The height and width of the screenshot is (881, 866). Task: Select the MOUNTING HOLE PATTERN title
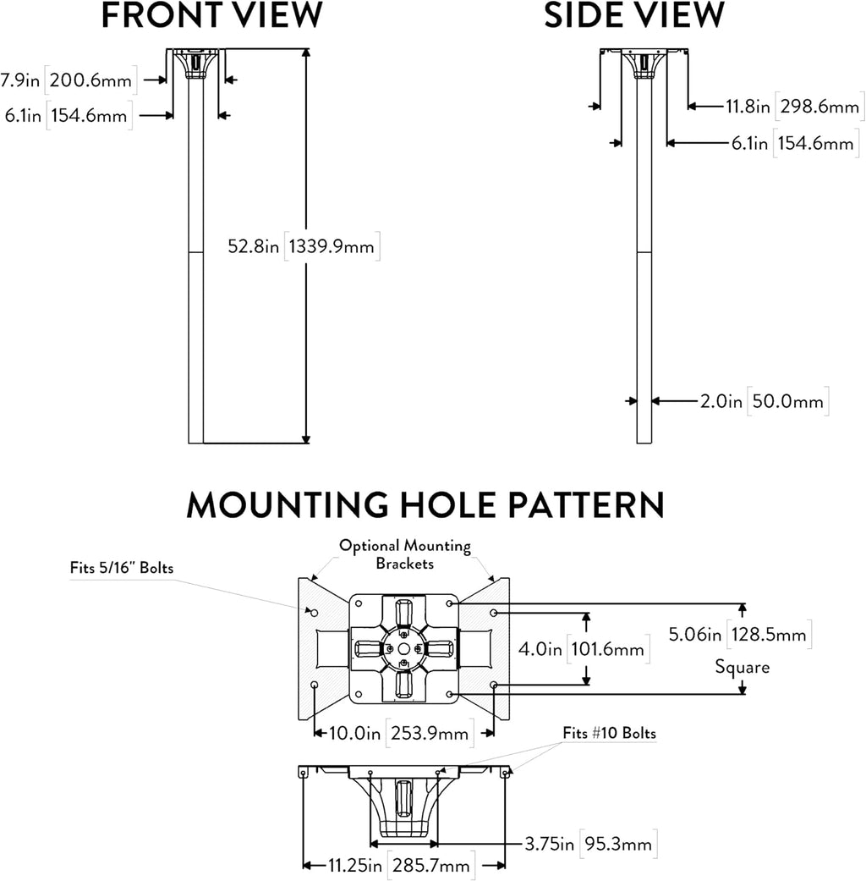click(425, 504)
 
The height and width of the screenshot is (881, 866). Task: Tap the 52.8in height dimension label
click(253, 246)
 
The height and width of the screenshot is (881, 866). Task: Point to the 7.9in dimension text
click(20, 80)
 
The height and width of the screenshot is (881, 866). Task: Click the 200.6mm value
click(90, 80)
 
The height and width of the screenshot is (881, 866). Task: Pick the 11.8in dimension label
click(748, 106)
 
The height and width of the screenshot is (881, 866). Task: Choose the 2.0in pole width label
click(721, 401)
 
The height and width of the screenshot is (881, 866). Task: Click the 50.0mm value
click(787, 401)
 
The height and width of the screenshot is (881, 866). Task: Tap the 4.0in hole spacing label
click(540, 649)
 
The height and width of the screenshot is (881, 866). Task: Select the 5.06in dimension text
click(694, 635)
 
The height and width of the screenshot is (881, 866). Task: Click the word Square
click(742, 667)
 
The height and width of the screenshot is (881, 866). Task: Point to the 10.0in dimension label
click(354, 733)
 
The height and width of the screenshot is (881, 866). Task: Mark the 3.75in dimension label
click(549, 844)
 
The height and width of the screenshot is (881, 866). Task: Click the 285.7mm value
click(430, 866)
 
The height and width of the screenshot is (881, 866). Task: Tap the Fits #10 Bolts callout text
click(610, 733)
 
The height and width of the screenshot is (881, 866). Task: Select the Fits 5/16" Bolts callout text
click(121, 568)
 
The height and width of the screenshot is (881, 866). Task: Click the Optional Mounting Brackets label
click(405, 554)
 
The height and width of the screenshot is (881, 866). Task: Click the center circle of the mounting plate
click(403, 649)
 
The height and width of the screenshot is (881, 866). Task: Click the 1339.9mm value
click(332, 246)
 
